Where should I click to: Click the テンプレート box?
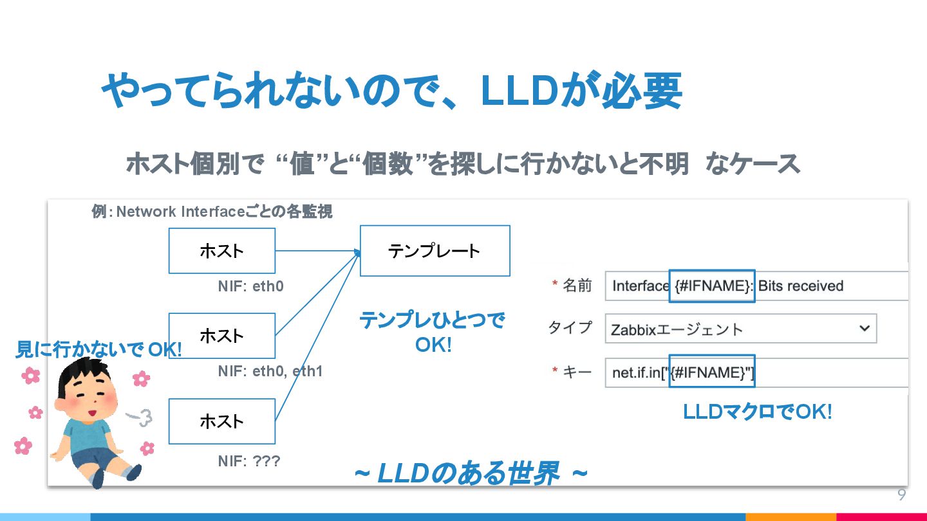(435, 251)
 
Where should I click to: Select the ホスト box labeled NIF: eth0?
(221, 251)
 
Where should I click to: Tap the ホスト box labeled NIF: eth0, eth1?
(221, 336)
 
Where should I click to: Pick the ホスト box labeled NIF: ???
(221, 421)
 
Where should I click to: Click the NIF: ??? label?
(248, 461)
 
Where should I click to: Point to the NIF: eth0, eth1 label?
(270, 371)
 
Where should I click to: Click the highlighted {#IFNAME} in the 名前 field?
(711, 286)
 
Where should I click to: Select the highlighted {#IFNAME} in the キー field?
(711, 372)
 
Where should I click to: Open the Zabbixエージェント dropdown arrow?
(864, 329)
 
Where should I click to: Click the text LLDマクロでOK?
(757, 412)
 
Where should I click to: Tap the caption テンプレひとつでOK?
(432, 332)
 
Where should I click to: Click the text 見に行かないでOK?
(98, 350)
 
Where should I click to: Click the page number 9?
(901, 495)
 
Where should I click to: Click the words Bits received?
(801, 286)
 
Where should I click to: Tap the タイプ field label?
(570, 328)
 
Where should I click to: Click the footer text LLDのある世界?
(468, 474)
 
